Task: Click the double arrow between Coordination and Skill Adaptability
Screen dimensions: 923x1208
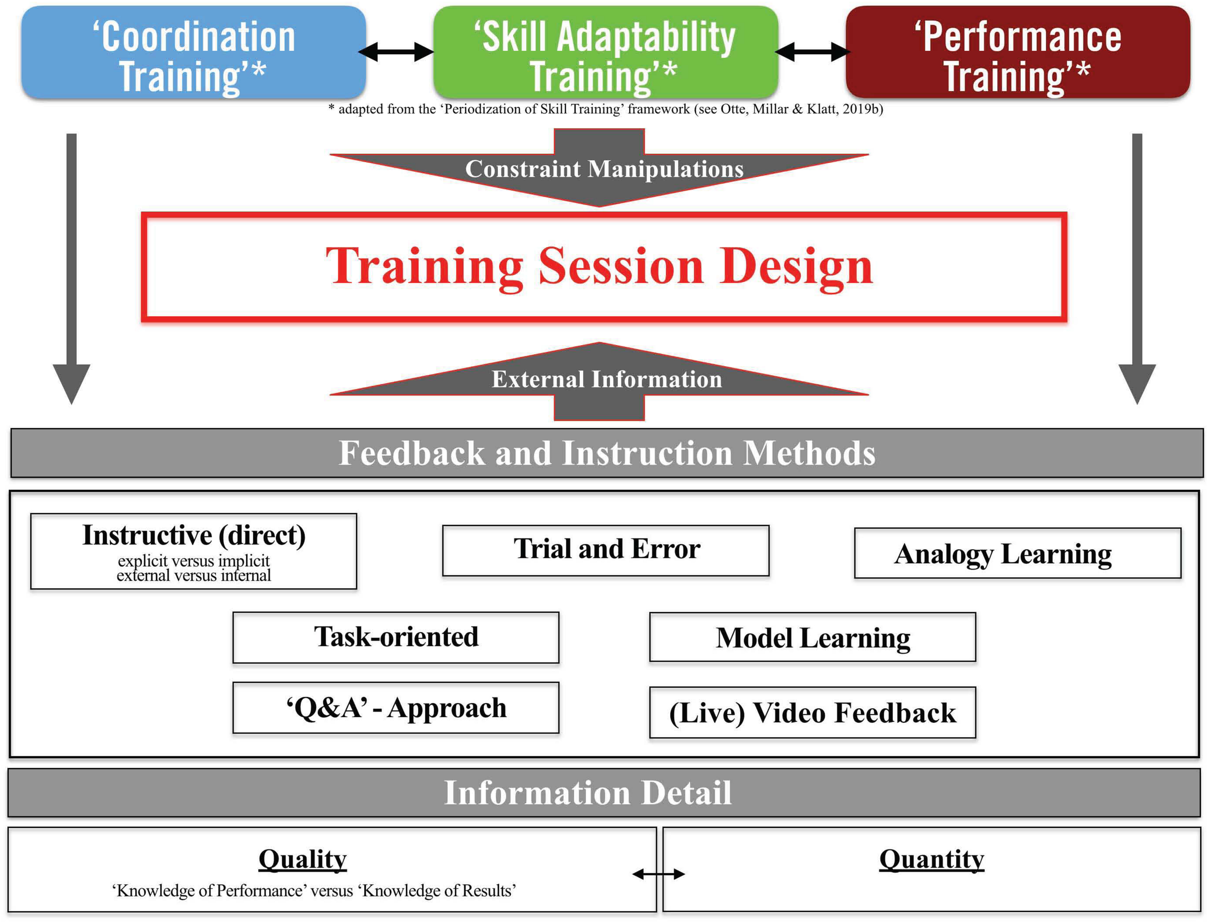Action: click(x=395, y=52)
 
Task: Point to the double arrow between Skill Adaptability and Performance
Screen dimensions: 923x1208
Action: click(x=812, y=52)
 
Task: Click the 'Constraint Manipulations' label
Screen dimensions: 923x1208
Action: click(x=604, y=169)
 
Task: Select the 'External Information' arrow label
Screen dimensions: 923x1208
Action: click(x=606, y=379)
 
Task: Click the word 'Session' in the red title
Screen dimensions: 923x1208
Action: click(x=620, y=266)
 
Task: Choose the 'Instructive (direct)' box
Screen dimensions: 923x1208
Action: click(x=193, y=551)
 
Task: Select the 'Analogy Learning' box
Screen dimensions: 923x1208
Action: click(x=1017, y=553)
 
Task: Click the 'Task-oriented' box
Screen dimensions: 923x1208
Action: click(x=395, y=637)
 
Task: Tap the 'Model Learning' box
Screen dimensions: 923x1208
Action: click(x=812, y=638)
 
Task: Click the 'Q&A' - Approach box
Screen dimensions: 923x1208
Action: click(x=395, y=708)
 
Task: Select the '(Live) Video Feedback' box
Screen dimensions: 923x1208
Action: click(x=812, y=713)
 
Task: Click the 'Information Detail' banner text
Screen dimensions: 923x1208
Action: click(x=588, y=793)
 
